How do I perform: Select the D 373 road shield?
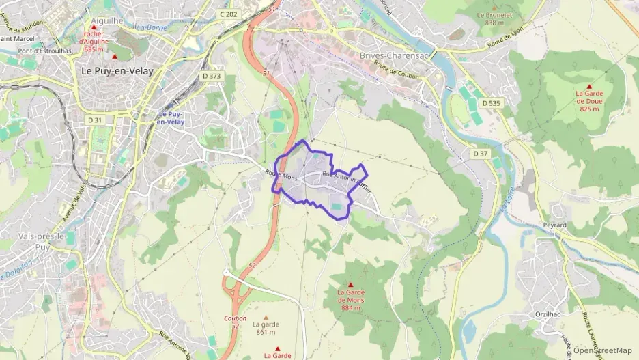coord(212,76)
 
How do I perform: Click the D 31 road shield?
coord(94,120)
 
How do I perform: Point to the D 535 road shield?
coord(490,103)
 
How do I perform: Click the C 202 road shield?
coord(228,14)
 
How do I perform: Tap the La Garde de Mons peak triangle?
coord(352,284)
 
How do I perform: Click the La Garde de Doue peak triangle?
coord(588,86)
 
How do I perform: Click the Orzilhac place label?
coord(548,314)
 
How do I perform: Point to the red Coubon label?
coord(235,318)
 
